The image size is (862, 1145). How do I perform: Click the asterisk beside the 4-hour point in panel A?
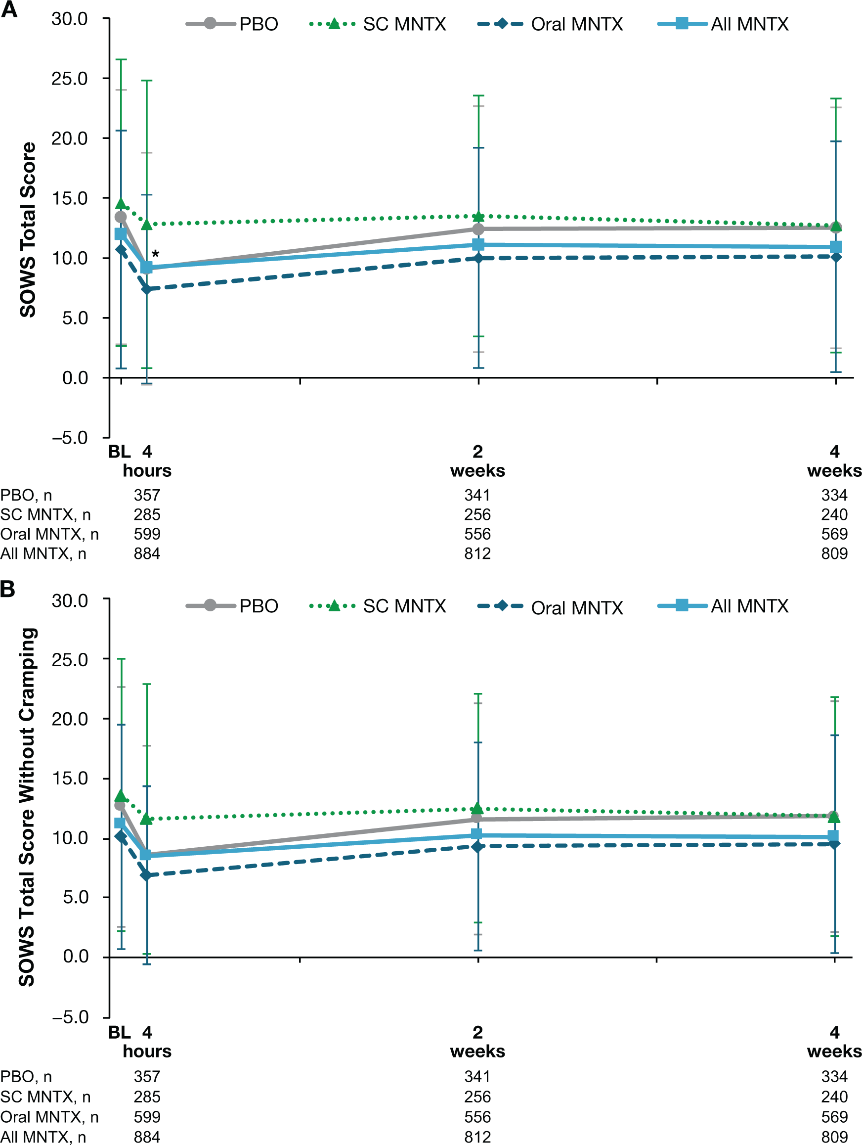click(155, 254)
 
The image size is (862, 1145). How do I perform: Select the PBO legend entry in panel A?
click(232, 24)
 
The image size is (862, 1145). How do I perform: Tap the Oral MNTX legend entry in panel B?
click(551, 607)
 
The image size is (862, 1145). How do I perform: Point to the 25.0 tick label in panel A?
click(69, 79)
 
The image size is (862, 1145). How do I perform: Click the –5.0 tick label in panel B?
click(69, 1016)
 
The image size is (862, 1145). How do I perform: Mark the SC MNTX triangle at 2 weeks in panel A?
click(478, 216)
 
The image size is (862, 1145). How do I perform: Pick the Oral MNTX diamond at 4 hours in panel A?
click(147, 289)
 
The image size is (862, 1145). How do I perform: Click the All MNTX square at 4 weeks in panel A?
click(836, 247)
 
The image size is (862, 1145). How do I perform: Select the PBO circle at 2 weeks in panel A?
click(478, 229)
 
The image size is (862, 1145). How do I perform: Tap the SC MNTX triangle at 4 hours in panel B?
click(147, 819)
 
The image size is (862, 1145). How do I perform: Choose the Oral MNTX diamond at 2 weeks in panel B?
click(477, 846)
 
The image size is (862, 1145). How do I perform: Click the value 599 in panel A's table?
click(147, 534)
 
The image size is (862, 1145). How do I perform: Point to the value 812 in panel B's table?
click(477, 1137)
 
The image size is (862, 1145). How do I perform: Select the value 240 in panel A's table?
click(834, 514)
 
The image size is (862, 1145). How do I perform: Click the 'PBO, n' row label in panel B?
click(26, 1077)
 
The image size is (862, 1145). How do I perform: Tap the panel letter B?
click(8, 589)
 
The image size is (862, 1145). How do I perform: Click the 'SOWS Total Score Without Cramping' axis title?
click(27, 808)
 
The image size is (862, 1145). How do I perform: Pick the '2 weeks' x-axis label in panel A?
click(477, 461)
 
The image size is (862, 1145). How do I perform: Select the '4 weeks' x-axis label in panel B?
click(834, 1042)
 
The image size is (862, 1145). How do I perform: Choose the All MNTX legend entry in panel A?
click(723, 24)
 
